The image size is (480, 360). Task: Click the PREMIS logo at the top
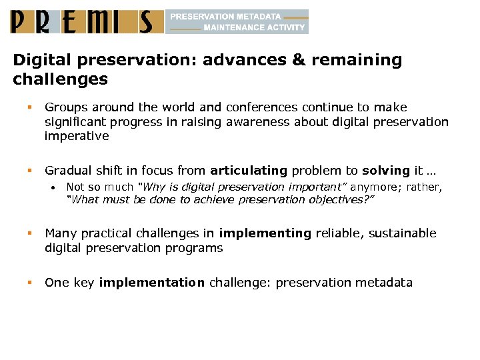pos(87,21)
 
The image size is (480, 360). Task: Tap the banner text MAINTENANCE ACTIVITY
pos(254,28)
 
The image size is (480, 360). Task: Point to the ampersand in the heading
pos(297,61)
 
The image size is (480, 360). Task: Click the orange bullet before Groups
pos(30,107)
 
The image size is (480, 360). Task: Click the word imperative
pos(77,136)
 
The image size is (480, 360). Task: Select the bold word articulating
pos(248,171)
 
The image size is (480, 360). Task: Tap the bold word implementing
pos(265,233)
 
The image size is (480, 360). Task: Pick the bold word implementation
pos(151,283)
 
